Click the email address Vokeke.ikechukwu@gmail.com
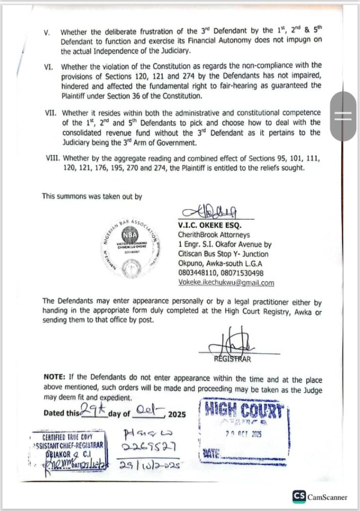point(226,282)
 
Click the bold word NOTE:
point(54,379)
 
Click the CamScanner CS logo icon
point(300,497)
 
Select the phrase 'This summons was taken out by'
point(92,197)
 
